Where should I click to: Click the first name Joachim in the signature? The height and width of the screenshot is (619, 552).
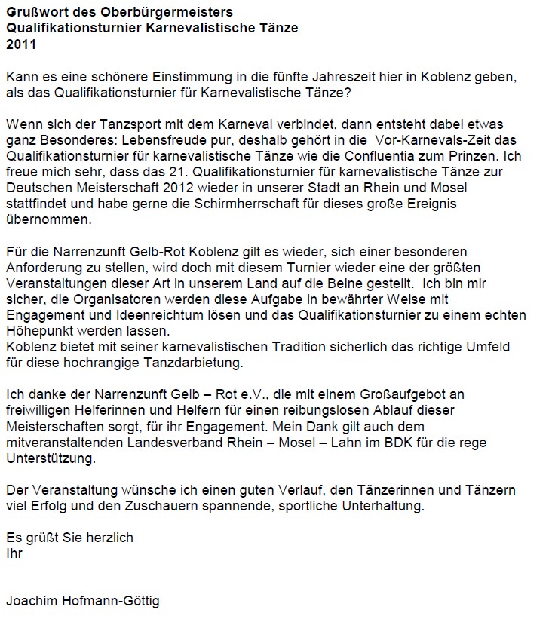coord(32,602)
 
